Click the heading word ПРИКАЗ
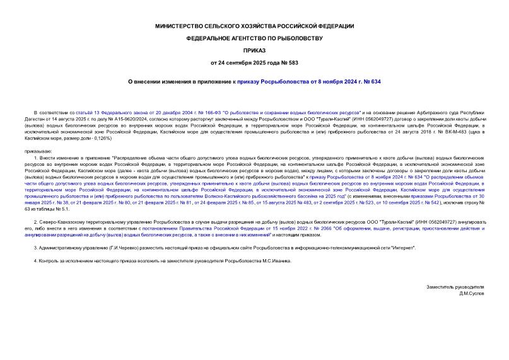tap(254, 49)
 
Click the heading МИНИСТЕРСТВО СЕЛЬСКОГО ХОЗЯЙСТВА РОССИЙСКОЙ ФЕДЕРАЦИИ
tap(254, 26)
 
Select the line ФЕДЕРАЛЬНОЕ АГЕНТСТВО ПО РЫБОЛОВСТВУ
tap(254, 38)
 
